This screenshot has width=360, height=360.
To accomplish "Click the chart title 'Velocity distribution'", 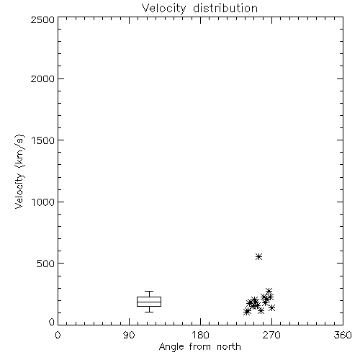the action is coord(199,9).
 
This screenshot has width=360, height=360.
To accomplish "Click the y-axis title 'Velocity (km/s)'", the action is coord(19,171).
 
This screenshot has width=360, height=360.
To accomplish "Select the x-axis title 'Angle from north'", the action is coord(199,346).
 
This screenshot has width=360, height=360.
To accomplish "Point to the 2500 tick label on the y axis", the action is coord(42,19).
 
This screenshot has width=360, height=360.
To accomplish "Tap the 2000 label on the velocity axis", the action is coord(42,78).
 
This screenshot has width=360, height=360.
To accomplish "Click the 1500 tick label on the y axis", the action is coord(43,140).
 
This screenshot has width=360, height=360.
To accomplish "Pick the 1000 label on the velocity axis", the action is coord(43,202).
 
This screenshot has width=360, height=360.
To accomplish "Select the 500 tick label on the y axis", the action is coord(46,264).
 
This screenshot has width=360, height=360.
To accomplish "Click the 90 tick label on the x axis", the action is coord(129,335).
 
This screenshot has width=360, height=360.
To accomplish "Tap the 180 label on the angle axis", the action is coord(200,335).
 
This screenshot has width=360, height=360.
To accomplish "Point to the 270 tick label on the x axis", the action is coord(271,335).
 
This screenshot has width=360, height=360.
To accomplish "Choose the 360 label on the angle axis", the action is coord(343,335).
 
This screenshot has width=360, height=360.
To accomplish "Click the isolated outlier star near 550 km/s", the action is coord(258,257).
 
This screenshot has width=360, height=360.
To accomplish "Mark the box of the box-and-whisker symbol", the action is coord(149,297).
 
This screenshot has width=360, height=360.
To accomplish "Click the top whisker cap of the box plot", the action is coord(149,292).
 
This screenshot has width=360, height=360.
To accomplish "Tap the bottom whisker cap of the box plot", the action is coord(149,312).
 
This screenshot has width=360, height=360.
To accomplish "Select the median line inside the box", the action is coord(149,302).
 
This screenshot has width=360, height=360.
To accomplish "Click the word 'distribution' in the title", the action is coord(225,8).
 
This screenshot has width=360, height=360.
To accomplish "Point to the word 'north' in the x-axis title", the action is coord(229,346).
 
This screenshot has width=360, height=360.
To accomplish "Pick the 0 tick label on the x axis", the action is coord(58,335).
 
